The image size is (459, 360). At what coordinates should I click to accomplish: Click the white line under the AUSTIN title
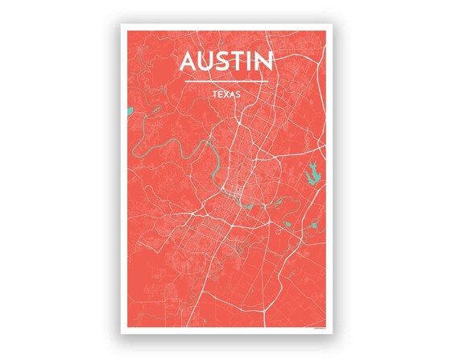pos(226,81)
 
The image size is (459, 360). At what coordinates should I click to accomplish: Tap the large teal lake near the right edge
pos(312,173)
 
